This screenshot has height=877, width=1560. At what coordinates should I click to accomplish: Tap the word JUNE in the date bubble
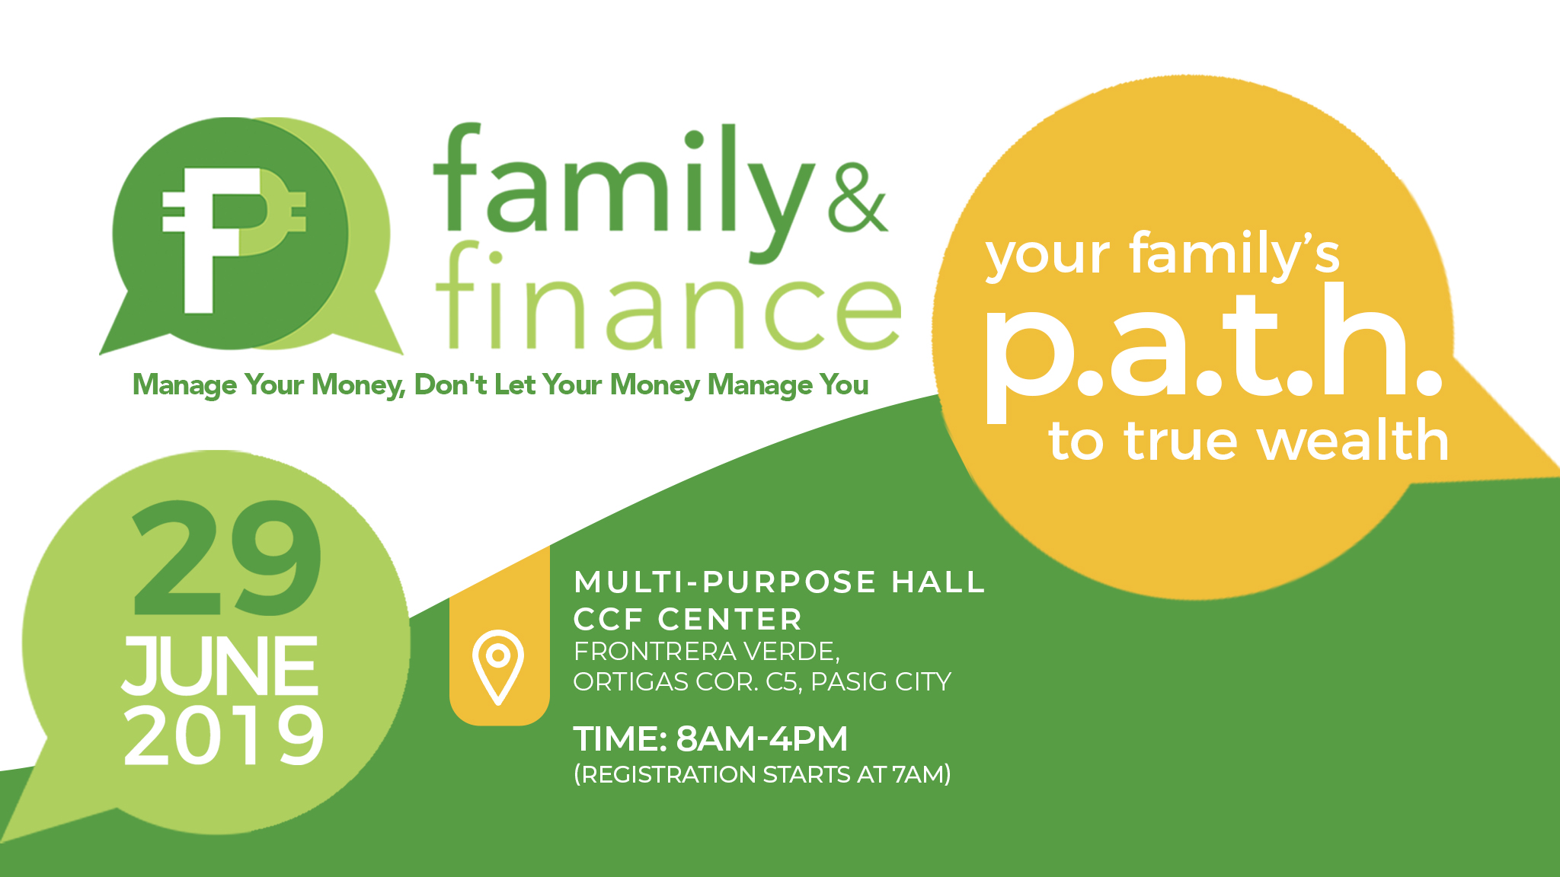220,666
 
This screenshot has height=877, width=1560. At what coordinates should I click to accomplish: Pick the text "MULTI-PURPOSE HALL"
779,582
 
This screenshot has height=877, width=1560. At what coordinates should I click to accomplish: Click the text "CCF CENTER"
688,620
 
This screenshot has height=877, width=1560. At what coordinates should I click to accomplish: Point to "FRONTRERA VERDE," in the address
707,652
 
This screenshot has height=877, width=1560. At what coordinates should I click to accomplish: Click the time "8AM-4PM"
762,738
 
